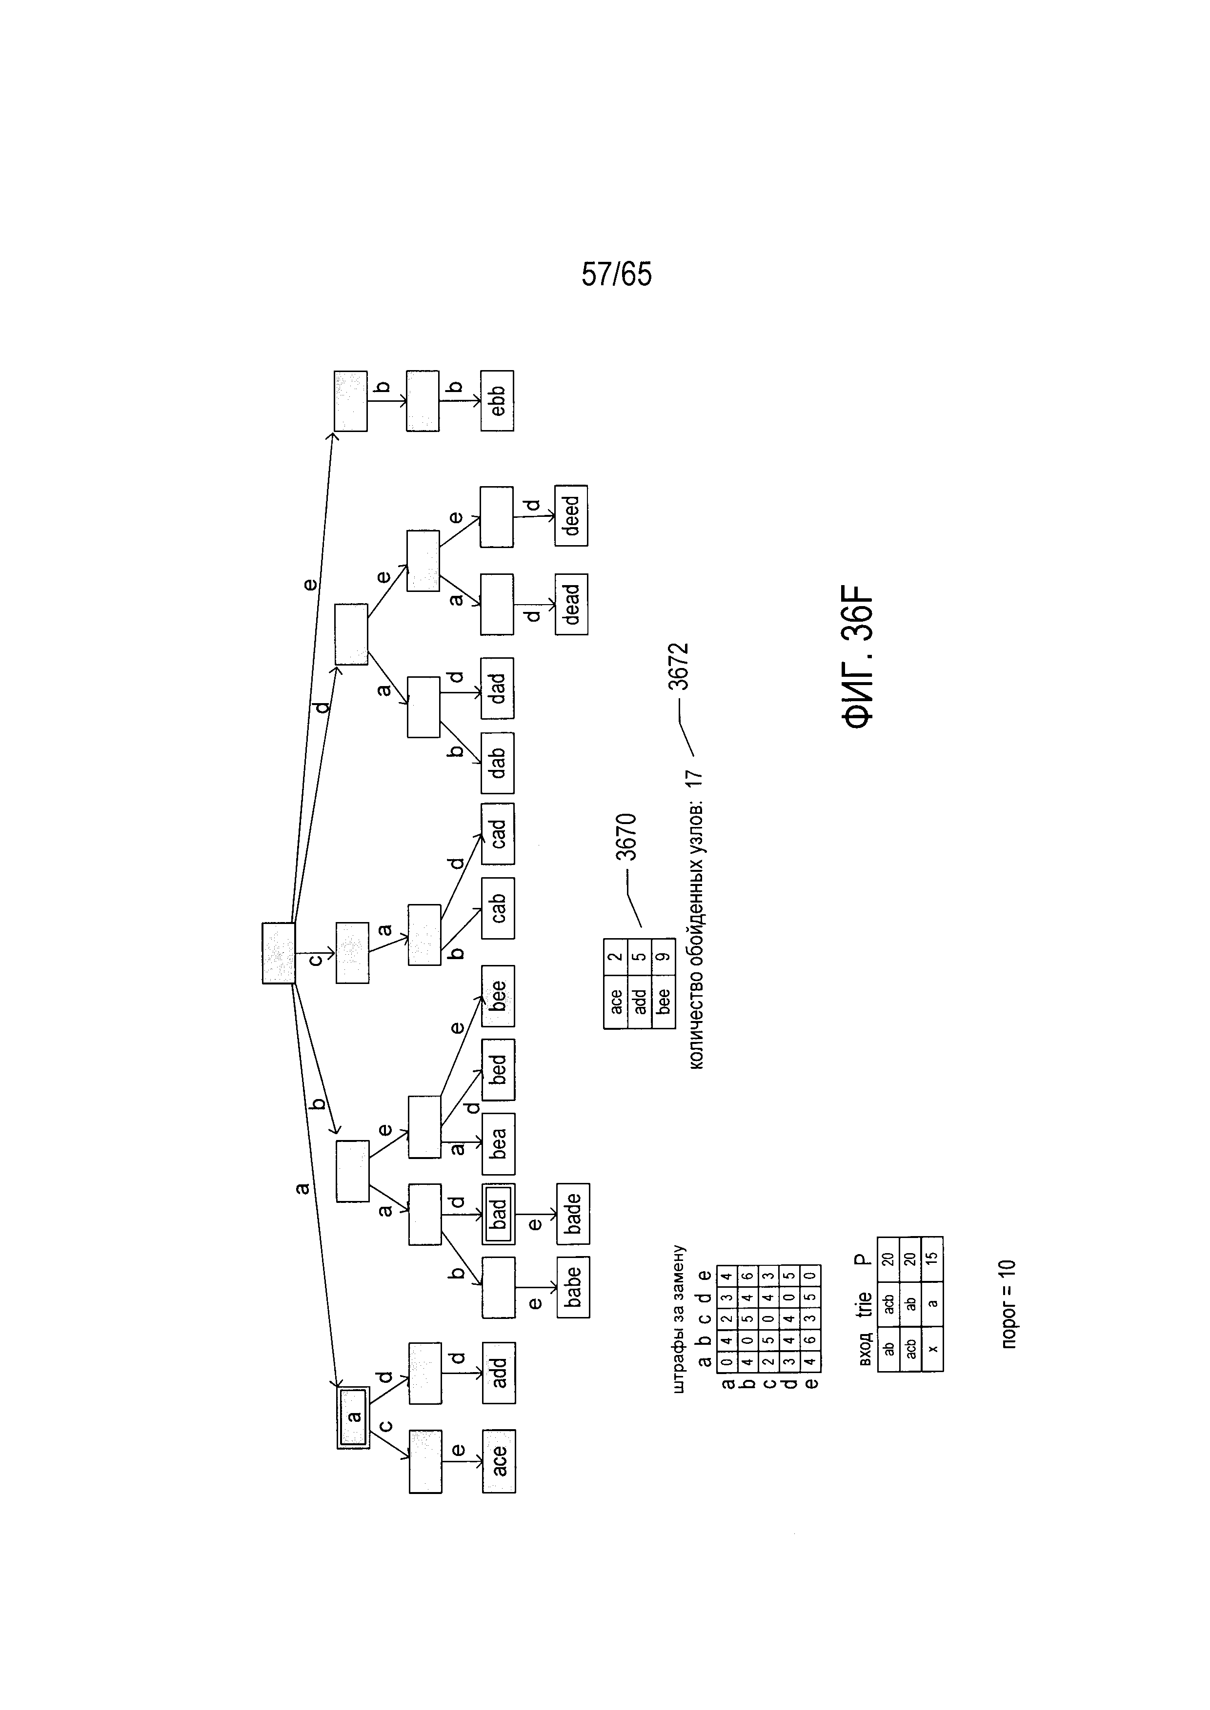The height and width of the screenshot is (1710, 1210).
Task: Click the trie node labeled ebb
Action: point(497,401)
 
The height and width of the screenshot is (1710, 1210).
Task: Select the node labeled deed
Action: point(571,515)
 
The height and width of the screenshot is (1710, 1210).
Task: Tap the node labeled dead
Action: point(571,604)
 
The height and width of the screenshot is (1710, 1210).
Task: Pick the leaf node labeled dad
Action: point(497,688)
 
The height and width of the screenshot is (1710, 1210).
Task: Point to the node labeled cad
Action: point(497,834)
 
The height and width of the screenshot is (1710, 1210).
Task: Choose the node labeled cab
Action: point(497,908)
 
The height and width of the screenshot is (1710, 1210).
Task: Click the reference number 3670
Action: point(626,837)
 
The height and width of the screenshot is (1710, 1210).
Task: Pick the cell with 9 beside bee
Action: point(663,957)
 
